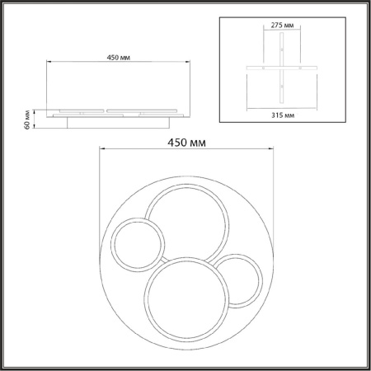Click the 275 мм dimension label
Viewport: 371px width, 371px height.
click(282, 26)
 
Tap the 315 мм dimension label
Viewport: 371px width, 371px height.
click(283, 115)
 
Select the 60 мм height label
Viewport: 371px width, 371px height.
click(27, 120)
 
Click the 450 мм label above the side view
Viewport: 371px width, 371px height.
click(119, 58)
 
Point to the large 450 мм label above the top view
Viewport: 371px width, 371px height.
click(186, 143)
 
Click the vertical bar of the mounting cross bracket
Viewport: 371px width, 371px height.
click(281, 68)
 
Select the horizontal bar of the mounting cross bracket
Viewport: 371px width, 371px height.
click(282, 68)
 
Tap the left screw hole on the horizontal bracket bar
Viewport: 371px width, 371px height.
click(263, 68)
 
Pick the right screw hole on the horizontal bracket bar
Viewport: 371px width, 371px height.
click(300, 68)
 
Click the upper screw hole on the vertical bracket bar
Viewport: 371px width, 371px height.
click(281, 49)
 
